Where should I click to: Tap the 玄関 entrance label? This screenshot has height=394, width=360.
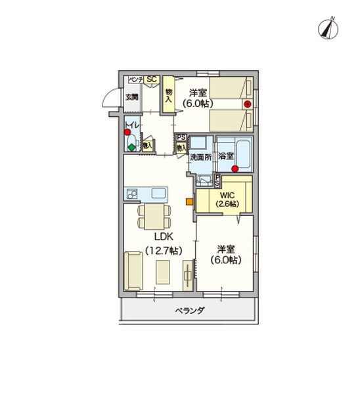(x=132, y=98)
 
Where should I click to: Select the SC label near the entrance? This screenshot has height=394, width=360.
(x=150, y=80)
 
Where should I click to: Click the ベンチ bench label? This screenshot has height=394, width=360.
(x=135, y=80)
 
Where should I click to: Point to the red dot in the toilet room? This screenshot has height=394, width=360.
(x=127, y=132)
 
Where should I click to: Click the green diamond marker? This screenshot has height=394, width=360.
(x=132, y=148)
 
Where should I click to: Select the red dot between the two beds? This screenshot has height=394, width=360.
(x=247, y=104)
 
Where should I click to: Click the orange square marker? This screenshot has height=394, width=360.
(x=189, y=202)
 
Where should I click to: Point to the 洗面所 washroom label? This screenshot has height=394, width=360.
(x=201, y=158)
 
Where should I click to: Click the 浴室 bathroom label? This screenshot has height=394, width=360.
(x=225, y=157)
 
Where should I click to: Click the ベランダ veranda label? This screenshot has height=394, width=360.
(x=189, y=310)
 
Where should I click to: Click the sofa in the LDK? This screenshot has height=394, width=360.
(x=135, y=271)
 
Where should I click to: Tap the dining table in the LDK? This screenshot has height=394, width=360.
(x=154, y=215)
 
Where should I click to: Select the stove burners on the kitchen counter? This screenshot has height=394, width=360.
(x=131, y=194)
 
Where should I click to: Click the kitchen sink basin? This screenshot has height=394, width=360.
(x=160, y=194)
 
